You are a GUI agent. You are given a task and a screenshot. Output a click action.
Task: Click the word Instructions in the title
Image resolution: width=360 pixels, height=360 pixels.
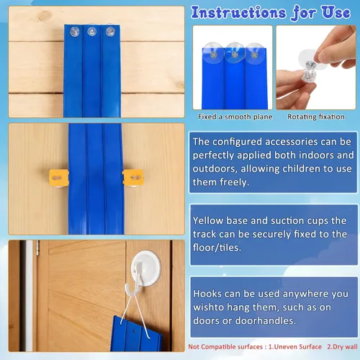coord(238,13)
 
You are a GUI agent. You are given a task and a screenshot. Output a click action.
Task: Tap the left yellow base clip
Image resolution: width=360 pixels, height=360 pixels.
coord(59,178)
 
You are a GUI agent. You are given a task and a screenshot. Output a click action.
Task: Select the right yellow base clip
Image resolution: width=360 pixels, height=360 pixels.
coord(133,178)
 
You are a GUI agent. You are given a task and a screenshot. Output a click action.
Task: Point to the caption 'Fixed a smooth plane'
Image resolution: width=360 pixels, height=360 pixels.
coord(235,117)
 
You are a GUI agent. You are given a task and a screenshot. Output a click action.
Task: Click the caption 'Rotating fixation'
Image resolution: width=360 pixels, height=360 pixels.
coord(316,117)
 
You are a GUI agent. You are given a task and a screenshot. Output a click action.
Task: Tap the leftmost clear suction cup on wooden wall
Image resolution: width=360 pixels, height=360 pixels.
coord(75,32)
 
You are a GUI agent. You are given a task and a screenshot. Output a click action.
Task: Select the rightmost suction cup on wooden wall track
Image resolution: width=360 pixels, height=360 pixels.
coord(110,31)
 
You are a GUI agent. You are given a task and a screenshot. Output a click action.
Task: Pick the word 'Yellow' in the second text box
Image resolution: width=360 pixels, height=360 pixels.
coord(208,220)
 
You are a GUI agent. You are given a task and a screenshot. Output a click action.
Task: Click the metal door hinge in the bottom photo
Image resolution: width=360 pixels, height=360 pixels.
coord(37,248)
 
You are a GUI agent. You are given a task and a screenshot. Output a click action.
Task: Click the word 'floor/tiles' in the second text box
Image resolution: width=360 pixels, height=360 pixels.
coord(217,248)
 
